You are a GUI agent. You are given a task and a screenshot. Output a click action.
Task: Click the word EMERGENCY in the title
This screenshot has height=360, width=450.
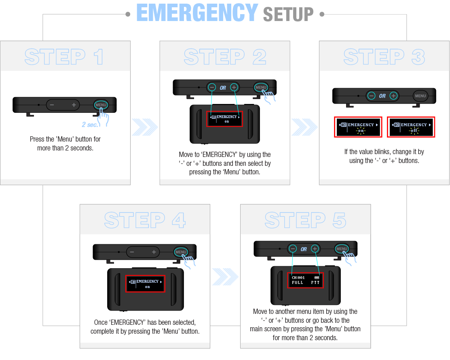coord(197,13)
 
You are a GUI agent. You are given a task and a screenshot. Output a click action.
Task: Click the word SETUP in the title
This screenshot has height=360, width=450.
coord(288,14)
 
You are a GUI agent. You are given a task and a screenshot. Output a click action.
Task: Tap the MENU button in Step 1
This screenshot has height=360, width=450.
coord(101,105)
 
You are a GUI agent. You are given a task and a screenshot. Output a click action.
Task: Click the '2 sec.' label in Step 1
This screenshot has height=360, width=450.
coord(89,125)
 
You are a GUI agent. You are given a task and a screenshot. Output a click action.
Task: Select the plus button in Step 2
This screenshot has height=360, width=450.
coord(234,87)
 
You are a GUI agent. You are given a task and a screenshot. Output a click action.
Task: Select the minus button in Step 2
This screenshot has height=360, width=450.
coord(212,87)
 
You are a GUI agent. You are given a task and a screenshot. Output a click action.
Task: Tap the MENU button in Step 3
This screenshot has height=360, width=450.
coord(420,96)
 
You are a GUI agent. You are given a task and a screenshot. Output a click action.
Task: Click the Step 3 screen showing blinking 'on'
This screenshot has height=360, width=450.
coord(358,127)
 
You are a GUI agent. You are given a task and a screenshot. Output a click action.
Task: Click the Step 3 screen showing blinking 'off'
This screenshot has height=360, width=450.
coord(411,127)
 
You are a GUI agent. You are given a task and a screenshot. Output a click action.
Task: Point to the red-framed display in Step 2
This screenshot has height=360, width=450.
coord(225,119)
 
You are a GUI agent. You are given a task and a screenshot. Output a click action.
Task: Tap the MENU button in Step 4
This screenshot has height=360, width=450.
coord(181,252)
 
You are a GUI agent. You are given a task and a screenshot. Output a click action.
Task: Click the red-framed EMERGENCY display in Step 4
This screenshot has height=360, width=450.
coord(145,284)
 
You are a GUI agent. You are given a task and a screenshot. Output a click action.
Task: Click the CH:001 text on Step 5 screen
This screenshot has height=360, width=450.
coord(298,277)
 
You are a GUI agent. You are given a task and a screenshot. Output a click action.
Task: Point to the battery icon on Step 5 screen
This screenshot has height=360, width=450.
coord(317,277)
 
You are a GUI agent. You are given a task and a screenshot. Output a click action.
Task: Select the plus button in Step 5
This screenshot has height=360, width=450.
coord(315,249)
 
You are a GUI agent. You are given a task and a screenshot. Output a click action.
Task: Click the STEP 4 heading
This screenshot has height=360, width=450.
coord(145,220)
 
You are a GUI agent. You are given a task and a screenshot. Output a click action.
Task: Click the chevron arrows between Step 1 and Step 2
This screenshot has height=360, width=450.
coord(145,127)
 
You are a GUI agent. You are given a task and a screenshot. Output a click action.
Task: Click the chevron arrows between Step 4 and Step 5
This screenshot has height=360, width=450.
coord(225,277)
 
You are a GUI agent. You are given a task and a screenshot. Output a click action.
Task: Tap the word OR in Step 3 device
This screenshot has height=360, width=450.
coord(382,96)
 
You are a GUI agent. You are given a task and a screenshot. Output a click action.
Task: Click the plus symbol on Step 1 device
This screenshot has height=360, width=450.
coord(74,105)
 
